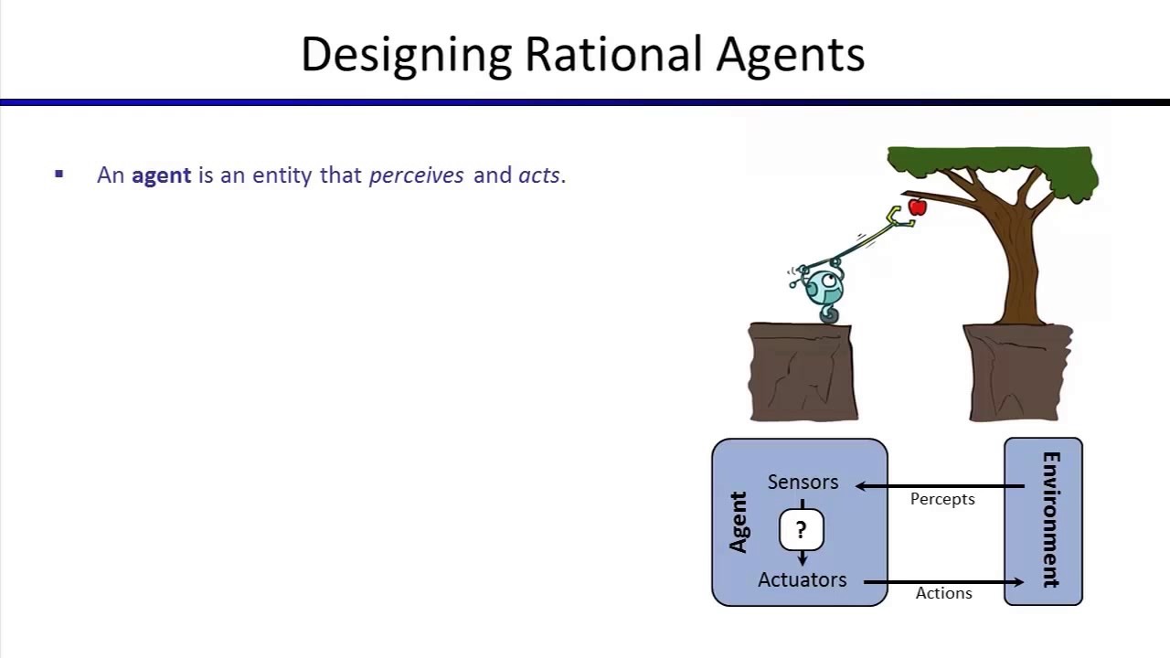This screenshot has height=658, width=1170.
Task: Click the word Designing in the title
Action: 406,55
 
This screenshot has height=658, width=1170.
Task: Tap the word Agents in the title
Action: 790,55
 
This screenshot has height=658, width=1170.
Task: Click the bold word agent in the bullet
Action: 161,175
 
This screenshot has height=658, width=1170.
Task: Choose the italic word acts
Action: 539,175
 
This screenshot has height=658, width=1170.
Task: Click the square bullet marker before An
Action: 59,174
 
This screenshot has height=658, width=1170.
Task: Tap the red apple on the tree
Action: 918,207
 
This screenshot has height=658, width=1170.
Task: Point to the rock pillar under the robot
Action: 803,372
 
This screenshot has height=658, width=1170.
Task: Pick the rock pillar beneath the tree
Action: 1016,372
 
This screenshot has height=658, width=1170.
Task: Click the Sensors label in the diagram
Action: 803,482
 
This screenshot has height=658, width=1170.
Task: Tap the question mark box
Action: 802,530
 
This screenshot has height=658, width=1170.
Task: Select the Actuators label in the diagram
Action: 802,579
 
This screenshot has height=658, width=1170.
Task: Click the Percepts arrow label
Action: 942,499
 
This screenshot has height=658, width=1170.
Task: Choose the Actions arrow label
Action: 943,593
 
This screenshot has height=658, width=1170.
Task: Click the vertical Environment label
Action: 1051,520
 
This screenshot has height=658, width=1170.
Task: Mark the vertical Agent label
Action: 739,522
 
